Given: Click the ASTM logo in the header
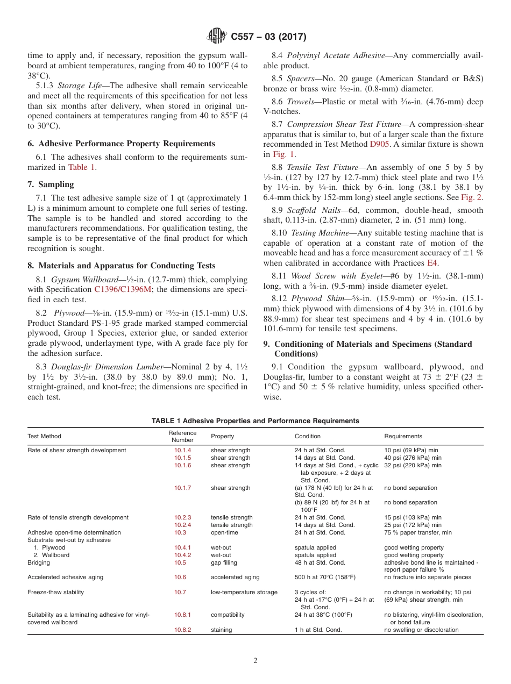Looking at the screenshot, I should point(217,37).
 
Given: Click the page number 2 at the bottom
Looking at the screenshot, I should point(256,661).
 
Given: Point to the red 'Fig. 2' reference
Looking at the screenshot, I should point(472,197).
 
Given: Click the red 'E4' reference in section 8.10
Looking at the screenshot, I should point(432,262).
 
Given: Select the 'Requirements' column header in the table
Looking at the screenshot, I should point(403,436).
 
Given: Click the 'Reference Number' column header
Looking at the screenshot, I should point(182,436).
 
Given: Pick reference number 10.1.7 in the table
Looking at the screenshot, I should point(182,488).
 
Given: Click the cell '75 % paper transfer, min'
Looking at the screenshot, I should point(418,532).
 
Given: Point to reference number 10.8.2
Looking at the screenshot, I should point(182,630).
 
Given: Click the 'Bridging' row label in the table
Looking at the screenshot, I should point(39,562).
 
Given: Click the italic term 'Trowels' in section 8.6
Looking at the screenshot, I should point(301,102).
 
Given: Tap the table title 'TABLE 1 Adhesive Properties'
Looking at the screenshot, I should point(256,421).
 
